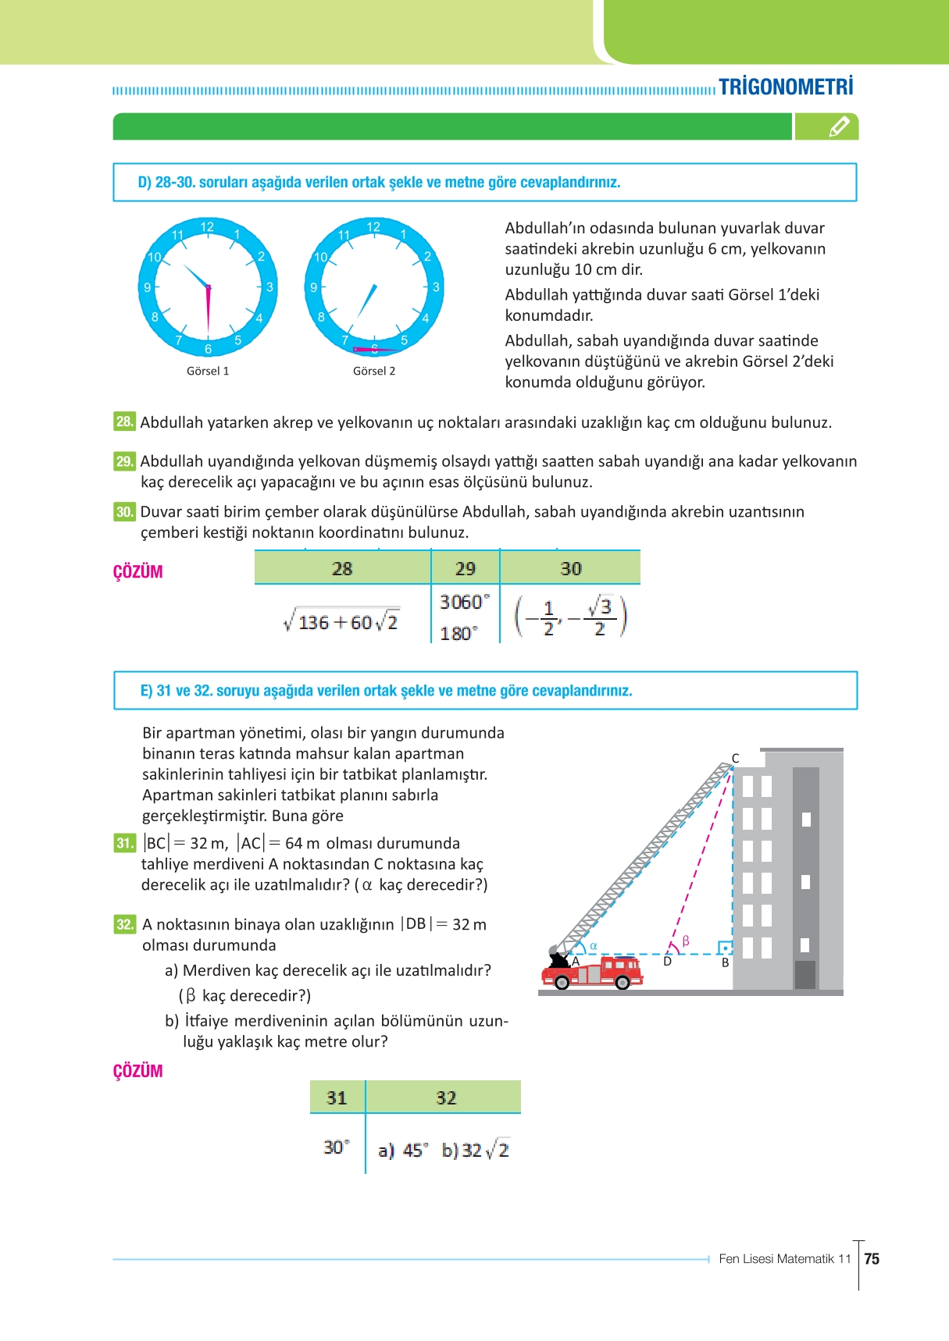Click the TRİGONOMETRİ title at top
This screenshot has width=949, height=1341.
[x=786, y=87]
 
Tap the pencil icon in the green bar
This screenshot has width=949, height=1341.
[x=838, y=126]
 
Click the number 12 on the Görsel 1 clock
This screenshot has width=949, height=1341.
[x=207, y=226]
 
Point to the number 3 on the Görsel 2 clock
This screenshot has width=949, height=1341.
[x=435, y=287]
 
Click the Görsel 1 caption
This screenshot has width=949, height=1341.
[x=208, y=372]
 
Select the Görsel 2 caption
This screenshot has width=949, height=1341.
[x=374, y=372]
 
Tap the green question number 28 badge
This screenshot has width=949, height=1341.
[x=124, y=422]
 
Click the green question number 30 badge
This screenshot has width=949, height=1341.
[x=124, y=512]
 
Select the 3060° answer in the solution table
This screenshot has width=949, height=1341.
[x=465, y=602]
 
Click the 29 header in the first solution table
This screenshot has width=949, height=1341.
[x=466, y=569]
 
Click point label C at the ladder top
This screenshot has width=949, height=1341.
[x=735, y=758]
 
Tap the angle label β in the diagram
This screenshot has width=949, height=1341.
[x=686, y=941]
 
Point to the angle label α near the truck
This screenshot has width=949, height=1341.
[x=593, y=945]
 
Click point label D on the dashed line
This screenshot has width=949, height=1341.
[x=667, y=962]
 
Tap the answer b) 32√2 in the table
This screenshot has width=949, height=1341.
[x=475, y=1150]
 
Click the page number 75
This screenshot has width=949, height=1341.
[x=872, y=1259]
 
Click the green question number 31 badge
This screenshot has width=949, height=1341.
[x=124, y=843]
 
